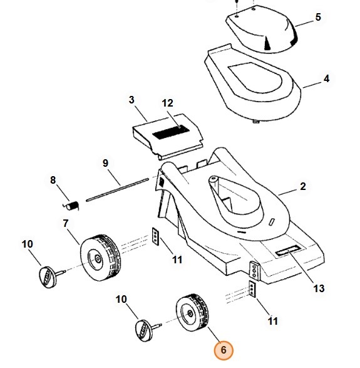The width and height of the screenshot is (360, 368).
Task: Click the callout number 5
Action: click(318, 18)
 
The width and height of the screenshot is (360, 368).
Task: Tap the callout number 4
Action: click(326, 80)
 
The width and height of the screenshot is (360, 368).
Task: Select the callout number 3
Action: click(131, 100)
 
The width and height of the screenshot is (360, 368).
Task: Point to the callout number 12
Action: click(167, 103)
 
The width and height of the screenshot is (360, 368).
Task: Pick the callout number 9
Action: click(105, 163)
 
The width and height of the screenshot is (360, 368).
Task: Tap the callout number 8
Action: click(54, 181)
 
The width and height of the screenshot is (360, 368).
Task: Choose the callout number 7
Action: click(64, 223)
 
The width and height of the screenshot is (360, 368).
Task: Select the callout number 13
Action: click(319, 289)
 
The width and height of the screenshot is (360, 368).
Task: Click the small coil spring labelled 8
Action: click(72, 204)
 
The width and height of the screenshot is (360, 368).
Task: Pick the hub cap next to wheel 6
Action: click(143, 328)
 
